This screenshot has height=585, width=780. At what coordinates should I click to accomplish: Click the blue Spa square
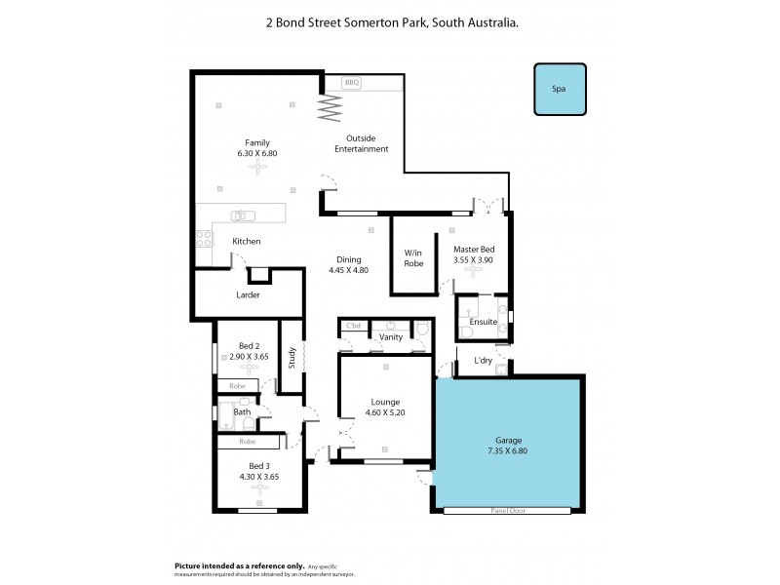pyautogui.click(x=559, y=89)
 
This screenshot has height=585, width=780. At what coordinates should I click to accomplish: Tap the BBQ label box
pyautogui.click(x=352, y=84)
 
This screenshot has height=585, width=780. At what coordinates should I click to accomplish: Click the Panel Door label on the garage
pyautogui.click(x=508, y=510)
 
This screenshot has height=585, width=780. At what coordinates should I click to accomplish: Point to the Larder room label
pyautogui.click(x=248, y=294)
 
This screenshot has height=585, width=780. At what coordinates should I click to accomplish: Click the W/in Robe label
pyautogui.click(x=414, y=257)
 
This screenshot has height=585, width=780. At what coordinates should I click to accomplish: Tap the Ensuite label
pyautogui.click(x=484, y=321)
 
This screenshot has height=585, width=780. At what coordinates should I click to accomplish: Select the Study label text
pyautogui.click(x=292, y=358)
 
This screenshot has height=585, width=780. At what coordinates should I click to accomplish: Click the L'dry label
pyautogui.click(x=483, y=361)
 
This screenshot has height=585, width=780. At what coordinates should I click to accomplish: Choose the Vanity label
pyautogui.click(x=391, y=336)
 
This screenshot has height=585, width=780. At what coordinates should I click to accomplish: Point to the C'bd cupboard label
pyautogui.click(x=354, y=325)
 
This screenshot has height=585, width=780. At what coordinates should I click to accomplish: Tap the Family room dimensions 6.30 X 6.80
pyautogui.click(x=257, y=154)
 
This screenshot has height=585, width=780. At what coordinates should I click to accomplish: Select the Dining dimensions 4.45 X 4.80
pyautogui.click(x=348, y=270)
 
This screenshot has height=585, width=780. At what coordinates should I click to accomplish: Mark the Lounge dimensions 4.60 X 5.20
pyautogui.click(x=385, y=413)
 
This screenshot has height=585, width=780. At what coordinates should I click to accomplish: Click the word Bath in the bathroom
pyautogui.click(x=242, y=412)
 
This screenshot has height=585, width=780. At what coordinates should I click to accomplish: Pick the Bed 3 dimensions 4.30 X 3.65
pyautogui.click(x=259, y=477)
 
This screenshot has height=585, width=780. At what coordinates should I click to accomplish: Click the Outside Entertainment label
pyautogui.click(x=361, y=143)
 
